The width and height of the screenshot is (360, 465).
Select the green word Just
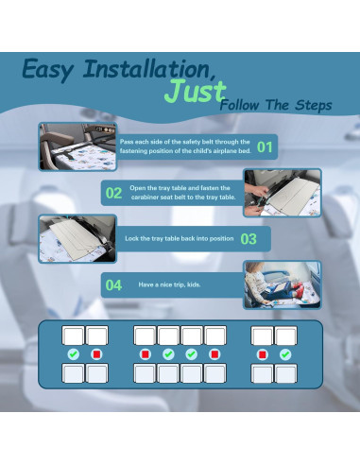(195, 93)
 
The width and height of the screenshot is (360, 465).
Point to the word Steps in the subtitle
(312, 106)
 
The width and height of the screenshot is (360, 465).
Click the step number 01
(266, 146)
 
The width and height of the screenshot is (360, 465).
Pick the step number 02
(114, 193)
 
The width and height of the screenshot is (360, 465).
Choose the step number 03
(249, 239)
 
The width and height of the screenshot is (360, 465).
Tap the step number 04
(113, 285)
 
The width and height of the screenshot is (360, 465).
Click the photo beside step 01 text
(77, 146)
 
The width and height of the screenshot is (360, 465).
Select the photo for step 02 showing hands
(282, 193)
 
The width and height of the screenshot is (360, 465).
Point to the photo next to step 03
(77, 239)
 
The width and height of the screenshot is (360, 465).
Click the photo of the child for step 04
(281, 285)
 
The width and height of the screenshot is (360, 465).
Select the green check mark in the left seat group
(73, 354)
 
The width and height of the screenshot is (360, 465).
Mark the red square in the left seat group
(96, 354)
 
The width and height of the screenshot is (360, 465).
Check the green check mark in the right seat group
(285, 354)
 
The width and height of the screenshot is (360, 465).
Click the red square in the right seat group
(262, 354)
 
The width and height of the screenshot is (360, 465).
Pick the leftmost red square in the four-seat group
(145, 354)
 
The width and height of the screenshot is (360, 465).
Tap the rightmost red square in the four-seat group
(214, 354)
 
